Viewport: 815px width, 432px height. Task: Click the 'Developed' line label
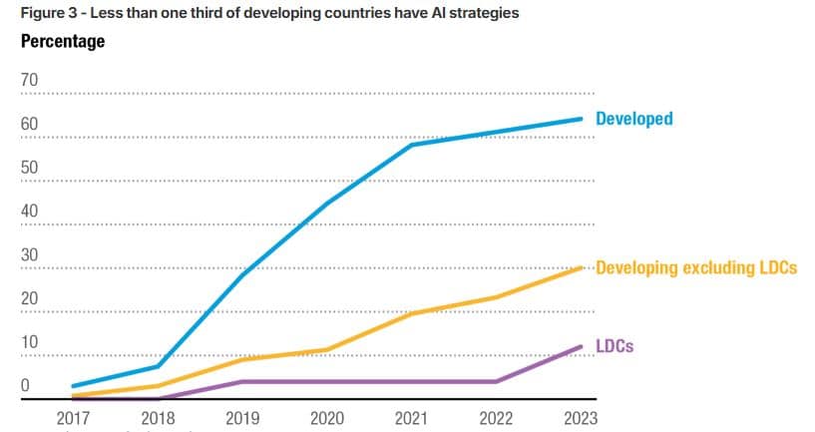[x=633, y=119]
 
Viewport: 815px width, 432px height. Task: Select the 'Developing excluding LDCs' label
[x=695, y=268]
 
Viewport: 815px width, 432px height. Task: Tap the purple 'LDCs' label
[x=614, y=345]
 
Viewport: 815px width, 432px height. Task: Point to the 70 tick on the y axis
[x=29, y=80]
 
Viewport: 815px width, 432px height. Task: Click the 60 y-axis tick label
[x=29, y=124]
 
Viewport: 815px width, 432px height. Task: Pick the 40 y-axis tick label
[x=29, y=212]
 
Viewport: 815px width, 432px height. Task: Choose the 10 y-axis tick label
[x=29, y=342]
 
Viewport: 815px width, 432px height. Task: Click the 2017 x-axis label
[x=73, y=418]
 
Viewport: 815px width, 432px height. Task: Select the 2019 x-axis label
[x=242, y=418]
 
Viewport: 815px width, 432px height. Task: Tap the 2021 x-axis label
[x=411, y=418]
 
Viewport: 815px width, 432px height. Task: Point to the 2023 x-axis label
[x=580, y=418]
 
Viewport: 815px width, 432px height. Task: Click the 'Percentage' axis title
[x=63, y=42]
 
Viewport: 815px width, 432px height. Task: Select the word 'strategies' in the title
[x=484, y=13]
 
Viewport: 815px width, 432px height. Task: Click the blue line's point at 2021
[x=411, y=146]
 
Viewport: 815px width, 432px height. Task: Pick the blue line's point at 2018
[x=158, y=366]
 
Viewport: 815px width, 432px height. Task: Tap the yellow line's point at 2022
[x=496, y=297]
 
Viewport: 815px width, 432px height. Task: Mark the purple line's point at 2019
[x=242, y=381]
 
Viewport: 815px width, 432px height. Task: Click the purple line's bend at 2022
[x=496, y=381]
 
